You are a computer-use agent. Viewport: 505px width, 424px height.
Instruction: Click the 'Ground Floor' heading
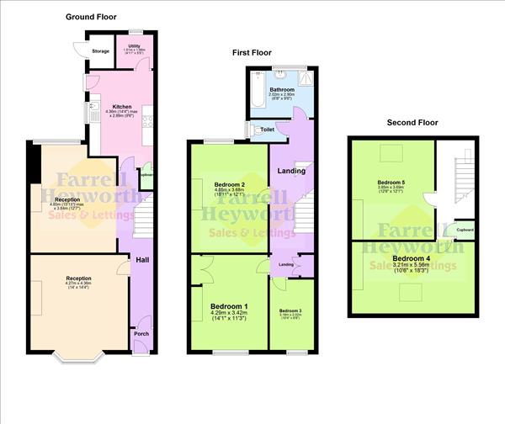coord(91,17)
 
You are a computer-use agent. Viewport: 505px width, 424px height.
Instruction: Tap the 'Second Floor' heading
coord(412,122)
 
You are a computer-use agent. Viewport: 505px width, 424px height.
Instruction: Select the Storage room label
coord(101,50)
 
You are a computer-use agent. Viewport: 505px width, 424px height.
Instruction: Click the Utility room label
coord(134,46)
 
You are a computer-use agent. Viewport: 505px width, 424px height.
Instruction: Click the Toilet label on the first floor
coord(267,130)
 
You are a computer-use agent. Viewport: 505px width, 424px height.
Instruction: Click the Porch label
coord(141,333)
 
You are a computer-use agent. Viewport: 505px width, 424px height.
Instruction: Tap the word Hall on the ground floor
coord(142,261)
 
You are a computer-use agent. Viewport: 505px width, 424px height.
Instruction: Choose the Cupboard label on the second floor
coord(464,230)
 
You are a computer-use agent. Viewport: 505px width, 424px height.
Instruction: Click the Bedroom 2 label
coord(229,184)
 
